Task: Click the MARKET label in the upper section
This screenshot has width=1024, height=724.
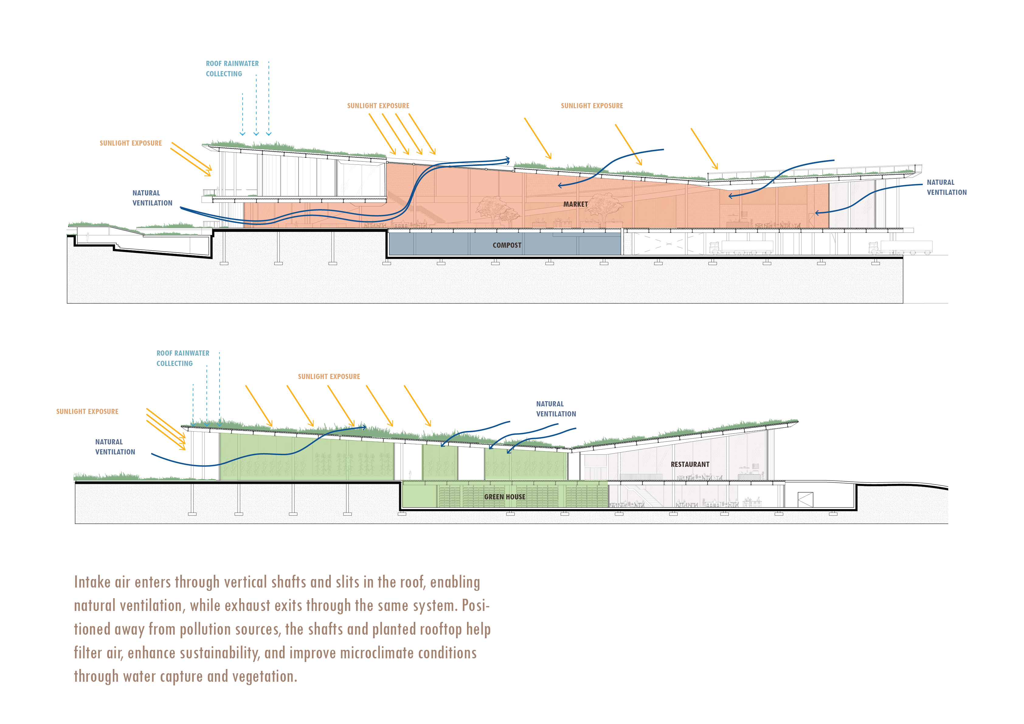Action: click(575, 204)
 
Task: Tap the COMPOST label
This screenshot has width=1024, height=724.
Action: click(507, 245)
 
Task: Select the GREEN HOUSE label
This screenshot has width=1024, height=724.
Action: click(504, 497)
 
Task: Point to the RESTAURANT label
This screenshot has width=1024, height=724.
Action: click(690, 464)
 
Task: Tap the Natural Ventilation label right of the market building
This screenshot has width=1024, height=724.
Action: click(946, 187)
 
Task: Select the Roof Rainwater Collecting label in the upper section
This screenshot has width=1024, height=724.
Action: click(232, 69)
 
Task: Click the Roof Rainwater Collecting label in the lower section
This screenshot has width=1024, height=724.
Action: click(182, 358)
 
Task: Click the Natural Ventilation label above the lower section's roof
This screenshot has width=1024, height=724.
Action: click(556, 409)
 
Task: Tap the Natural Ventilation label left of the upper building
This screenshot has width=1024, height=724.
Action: click(152, 198)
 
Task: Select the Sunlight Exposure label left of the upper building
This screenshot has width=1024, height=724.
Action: click(131, 143)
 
